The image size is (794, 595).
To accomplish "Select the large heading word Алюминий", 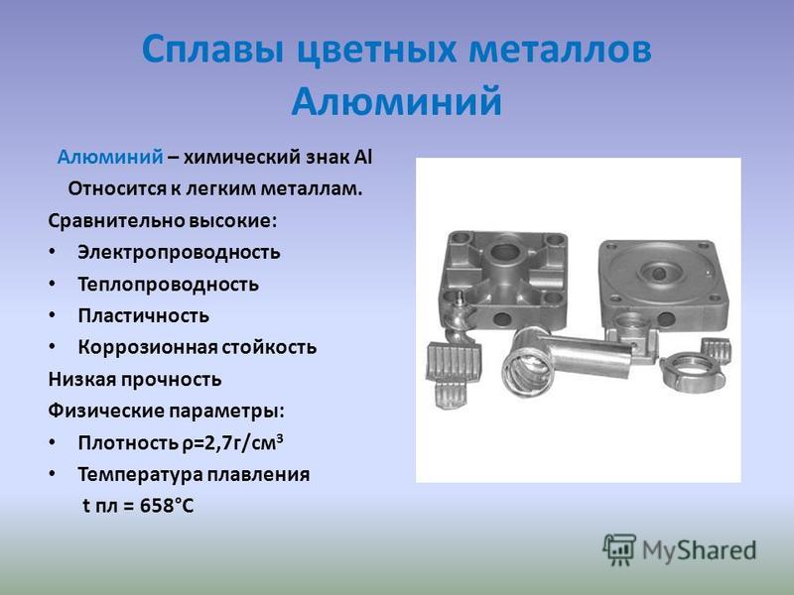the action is [396, 100].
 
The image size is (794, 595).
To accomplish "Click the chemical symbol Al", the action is [362, 157].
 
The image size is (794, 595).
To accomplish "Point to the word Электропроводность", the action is [179, 252].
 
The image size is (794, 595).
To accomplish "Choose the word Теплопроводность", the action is [168, 284].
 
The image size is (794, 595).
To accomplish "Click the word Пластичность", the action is [143, 315].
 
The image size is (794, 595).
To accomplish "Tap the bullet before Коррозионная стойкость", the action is [53, 346].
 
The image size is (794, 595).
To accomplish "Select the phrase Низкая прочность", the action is [135, 379].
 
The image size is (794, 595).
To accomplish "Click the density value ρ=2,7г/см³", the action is [232, 442].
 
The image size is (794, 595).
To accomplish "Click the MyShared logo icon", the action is [618, 549].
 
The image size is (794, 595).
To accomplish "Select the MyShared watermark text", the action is [700, 550].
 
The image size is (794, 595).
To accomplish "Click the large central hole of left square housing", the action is [503, 252].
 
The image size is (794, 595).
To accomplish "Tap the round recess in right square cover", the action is [659, 274].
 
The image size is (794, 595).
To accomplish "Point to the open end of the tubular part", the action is [520, 372].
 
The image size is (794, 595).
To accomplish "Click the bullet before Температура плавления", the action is [53, 474].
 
